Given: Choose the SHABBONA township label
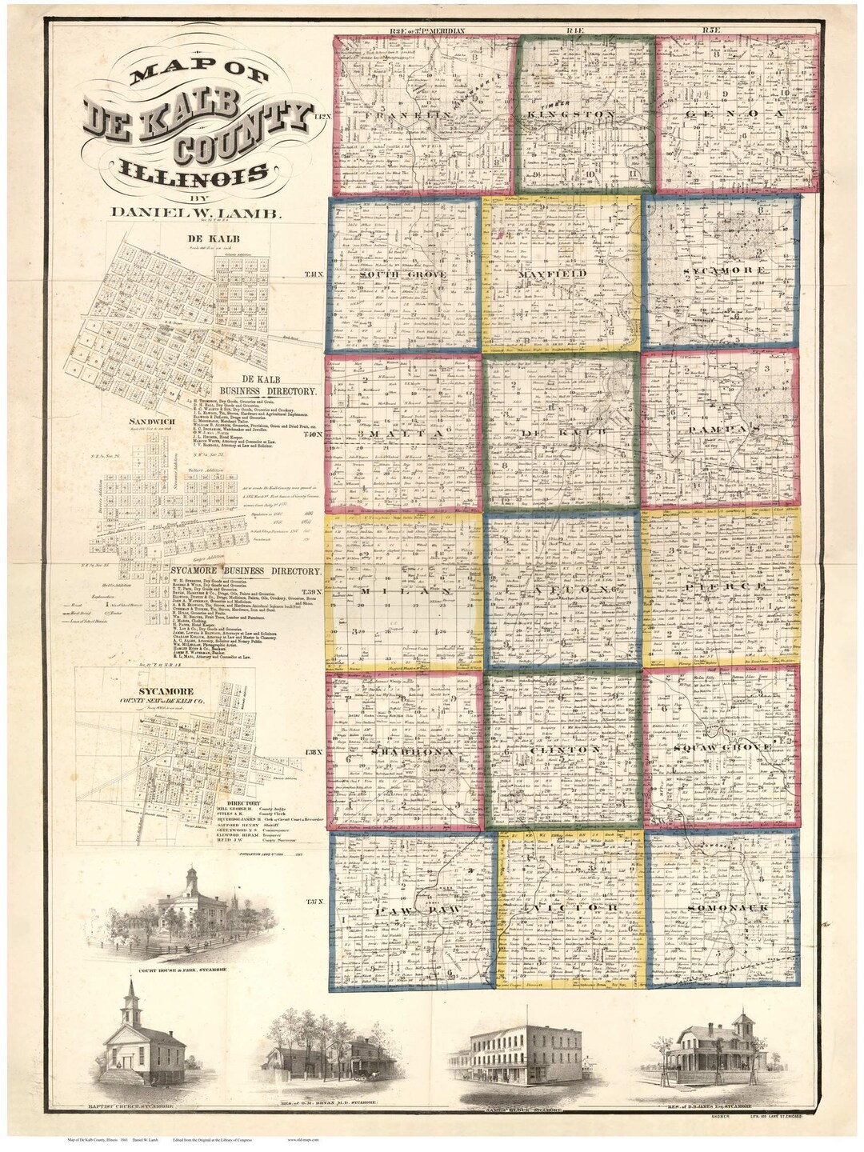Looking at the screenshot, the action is click(404, 753).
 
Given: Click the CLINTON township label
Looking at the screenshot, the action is click(563, 750).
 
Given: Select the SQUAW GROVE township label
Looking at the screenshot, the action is click(722, 746).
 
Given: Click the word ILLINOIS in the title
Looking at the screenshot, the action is click(194, 171).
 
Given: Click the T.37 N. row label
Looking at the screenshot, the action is click(314, 902).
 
